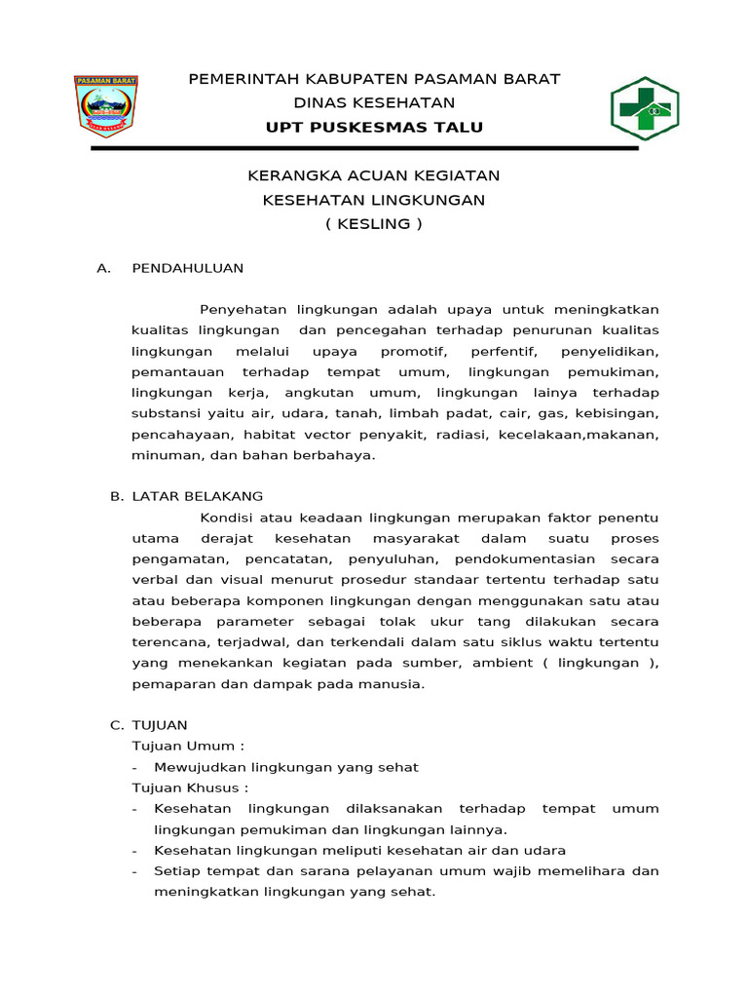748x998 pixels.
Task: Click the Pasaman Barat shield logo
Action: (106, 106)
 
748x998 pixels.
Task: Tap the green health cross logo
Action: (644, 109)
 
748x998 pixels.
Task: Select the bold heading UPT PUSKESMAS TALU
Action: (374, 128)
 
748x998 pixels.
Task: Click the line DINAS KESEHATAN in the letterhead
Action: (374, 102)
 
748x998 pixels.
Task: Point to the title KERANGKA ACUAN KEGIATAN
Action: (374, 175)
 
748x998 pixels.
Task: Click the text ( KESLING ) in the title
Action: (374, 224)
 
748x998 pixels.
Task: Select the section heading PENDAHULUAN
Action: (187, 268)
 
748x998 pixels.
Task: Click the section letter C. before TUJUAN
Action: (116, 725)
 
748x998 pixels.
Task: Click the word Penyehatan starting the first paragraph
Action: (243, 309)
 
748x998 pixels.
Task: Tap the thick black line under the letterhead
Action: (364, 148)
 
